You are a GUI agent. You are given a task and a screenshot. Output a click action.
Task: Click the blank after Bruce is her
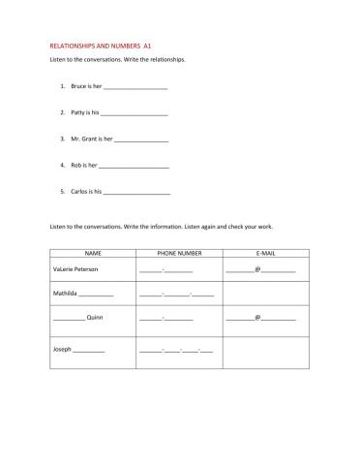[x=135, y=87]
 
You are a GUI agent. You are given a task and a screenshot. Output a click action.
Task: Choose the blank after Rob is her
[x=135, y=166]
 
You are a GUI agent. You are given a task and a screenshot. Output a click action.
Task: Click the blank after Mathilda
[x=97, y=292]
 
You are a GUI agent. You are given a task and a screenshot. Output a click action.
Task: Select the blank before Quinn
[x=69, y=318]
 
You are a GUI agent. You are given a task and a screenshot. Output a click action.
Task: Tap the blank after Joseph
[x=89, y=349]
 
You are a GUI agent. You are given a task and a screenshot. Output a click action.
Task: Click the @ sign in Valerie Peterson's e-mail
[x=257, y=268]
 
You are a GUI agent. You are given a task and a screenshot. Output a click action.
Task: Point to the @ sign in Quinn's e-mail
[x=257, y=318]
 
